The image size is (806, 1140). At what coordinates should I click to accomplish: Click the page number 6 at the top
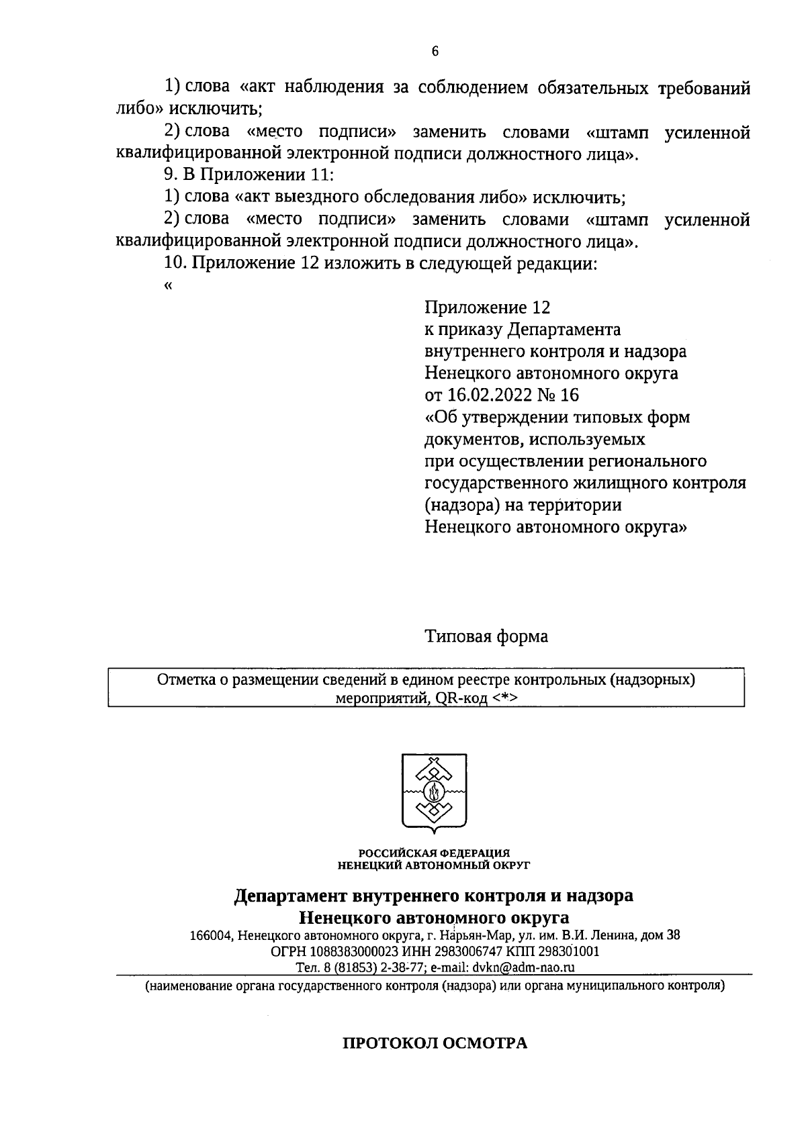pos(435,52)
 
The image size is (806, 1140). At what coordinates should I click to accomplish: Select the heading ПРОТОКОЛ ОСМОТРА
pos(435,1043)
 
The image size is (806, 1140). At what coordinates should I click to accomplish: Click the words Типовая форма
pos(486,636)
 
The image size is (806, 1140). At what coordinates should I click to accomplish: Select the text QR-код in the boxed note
pos(461,698)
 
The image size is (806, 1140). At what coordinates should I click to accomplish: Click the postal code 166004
pos(211,935)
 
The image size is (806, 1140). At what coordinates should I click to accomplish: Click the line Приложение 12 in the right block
pos(487,307)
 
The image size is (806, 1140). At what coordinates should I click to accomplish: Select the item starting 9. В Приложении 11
pos(249,176)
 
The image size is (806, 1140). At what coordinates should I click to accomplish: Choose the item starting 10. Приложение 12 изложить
pos(380,263)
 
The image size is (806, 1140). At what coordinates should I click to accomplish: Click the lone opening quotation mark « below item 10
pos(167,285)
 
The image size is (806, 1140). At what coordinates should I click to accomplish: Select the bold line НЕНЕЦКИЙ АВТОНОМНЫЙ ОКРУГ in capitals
pos(434,865)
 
